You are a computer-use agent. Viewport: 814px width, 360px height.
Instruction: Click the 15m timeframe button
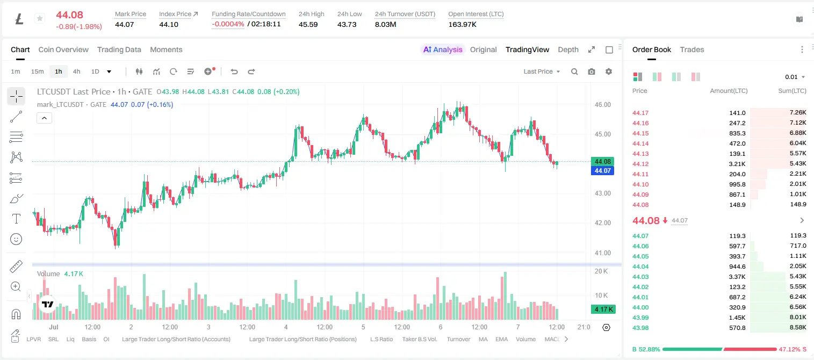38,71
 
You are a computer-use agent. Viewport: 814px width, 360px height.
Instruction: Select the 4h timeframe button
76,71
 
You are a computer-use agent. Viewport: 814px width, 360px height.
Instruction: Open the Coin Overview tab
63,49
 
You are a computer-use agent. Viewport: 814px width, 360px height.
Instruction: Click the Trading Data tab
119,49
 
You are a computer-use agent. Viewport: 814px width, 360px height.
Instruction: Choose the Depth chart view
568,49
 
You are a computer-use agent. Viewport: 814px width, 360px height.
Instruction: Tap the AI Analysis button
443,49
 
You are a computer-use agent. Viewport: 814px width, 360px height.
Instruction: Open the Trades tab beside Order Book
692,49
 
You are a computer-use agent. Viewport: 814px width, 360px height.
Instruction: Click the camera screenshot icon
592,71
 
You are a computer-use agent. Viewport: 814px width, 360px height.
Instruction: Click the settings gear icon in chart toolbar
609,71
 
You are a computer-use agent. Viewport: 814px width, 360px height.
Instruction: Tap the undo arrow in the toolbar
234,71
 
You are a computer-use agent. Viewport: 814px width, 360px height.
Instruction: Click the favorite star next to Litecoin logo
40,18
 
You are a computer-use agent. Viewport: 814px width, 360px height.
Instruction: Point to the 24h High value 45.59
308,24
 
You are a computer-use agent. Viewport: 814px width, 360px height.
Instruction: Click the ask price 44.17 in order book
640,113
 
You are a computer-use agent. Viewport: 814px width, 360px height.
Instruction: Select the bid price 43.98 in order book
640,328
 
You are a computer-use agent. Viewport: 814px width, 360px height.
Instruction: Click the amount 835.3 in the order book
737,133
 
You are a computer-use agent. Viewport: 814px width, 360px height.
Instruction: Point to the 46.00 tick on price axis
602,105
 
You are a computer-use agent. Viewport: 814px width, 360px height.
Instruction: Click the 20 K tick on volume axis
601,271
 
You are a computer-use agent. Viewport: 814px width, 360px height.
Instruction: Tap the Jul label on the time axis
53,327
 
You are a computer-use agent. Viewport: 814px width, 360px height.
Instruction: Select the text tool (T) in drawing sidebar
16,219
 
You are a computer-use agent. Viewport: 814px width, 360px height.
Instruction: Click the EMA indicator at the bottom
501,339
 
